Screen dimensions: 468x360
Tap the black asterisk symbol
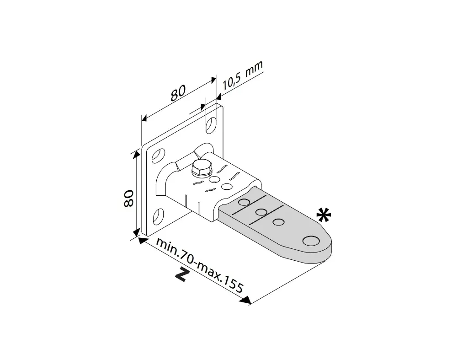tap(324, 215)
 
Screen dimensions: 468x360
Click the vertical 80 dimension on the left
tap(128, 198)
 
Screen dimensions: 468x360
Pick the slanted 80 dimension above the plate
tap(178, 93)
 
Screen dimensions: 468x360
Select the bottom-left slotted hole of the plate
tap(158, 216)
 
